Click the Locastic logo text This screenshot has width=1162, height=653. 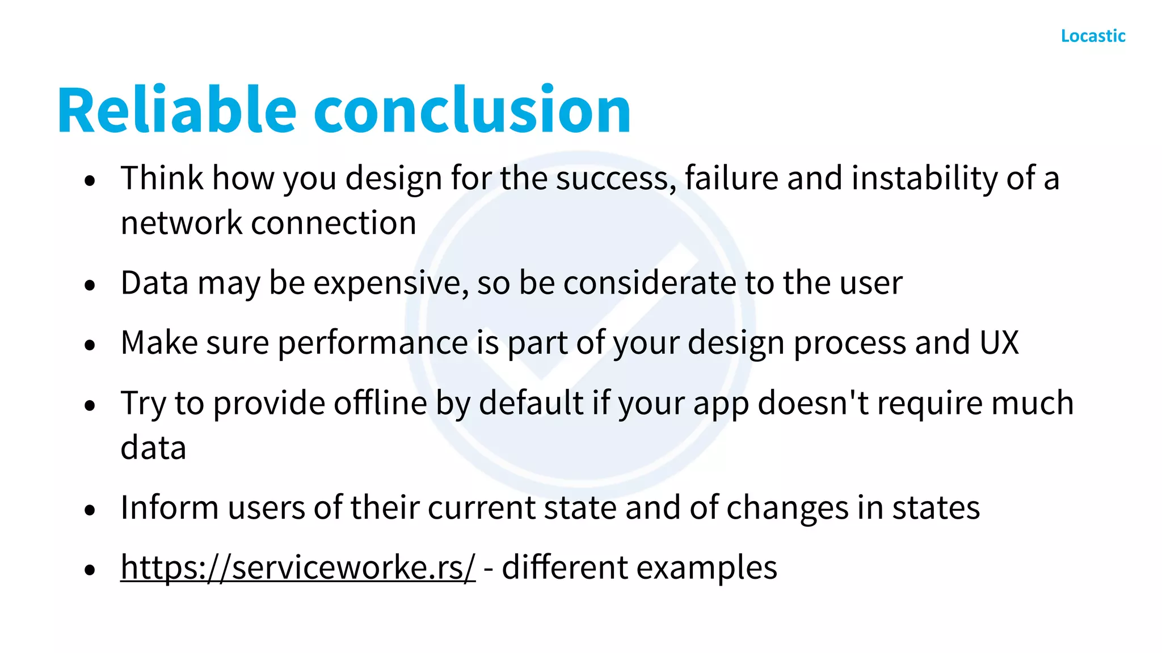[x=1093, y=36]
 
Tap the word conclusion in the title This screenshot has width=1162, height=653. [x=472, y=110]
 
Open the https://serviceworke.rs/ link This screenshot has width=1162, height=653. [x=298, y=567]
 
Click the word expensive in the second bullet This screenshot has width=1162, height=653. [x=391, y=283]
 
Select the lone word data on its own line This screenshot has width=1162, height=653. [x=153, y=448]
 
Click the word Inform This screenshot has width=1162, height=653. [x=170, y=507]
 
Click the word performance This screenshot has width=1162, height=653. [x=373, y=343]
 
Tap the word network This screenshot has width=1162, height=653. [x=182, y=223]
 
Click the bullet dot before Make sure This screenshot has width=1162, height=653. [x=90, y=345]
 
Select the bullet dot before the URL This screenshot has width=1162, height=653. [x=90, y=570]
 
